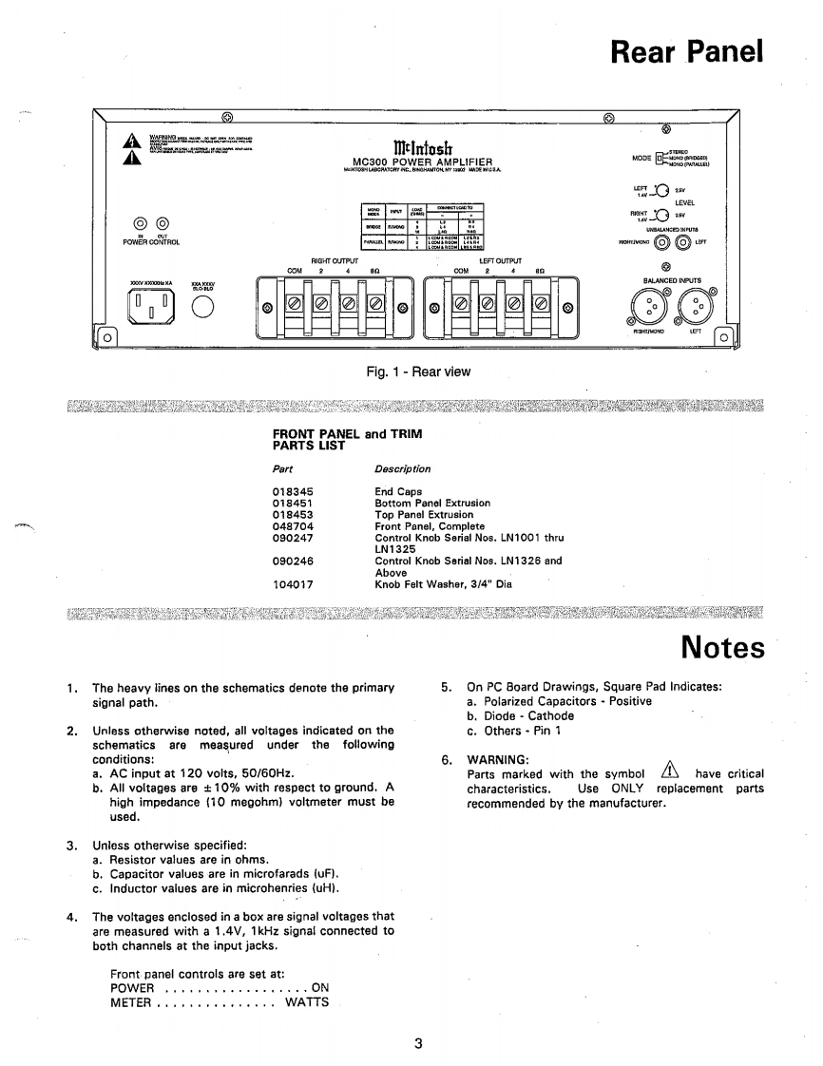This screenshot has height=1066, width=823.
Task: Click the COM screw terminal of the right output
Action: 295,304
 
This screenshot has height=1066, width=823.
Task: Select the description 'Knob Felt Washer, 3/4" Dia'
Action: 443,584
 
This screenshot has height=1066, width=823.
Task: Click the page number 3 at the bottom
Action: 417,1043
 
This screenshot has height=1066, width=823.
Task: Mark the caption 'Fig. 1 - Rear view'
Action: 418,371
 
